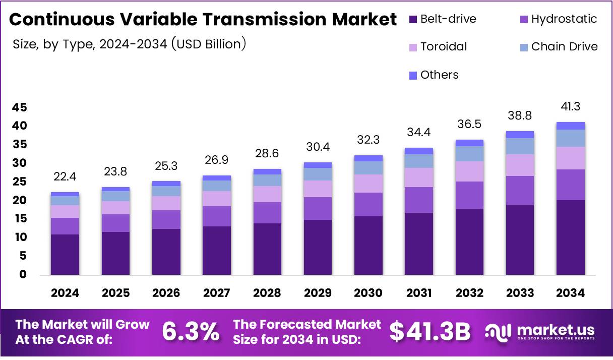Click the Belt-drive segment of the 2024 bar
65,255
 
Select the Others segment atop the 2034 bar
570,126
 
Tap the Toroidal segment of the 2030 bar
368,184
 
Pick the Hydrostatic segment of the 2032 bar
469,195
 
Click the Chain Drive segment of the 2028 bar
267,180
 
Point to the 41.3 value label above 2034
570,106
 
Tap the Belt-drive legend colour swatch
413,20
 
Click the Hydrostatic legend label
564,19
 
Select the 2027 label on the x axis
216,293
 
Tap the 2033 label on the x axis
520,293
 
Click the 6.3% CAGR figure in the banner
191,331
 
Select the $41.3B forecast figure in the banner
430,331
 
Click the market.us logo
540,331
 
